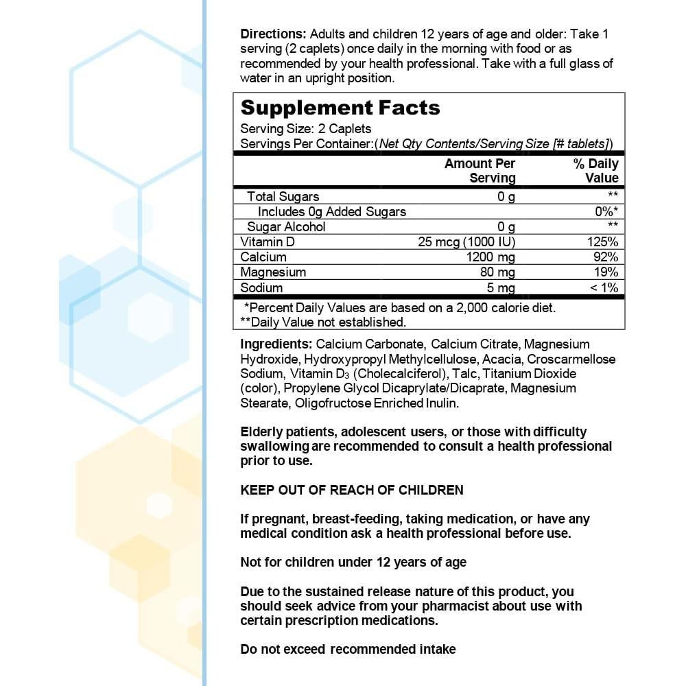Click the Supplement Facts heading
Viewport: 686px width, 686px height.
pos(340,108)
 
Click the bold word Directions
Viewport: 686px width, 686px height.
pos(273,34)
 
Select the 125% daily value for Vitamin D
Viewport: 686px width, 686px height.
pos(604,242)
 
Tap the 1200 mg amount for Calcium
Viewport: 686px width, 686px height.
pos(491,257)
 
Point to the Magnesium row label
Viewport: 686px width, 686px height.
pos(273,272)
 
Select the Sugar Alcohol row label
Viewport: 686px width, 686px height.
pos(286,227)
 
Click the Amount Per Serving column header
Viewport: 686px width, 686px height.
pos(480,171)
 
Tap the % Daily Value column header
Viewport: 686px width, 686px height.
pos(595,171)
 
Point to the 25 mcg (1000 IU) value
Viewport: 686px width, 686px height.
pos(466,242)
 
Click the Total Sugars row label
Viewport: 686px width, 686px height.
pos(283,197)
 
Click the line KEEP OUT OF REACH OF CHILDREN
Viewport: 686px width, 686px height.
pos(352,490)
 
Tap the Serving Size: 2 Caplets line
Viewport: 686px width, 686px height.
pos(306,128)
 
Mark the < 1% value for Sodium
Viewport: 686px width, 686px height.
pos(604,288)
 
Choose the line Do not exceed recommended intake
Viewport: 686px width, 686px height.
pos(348,649)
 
